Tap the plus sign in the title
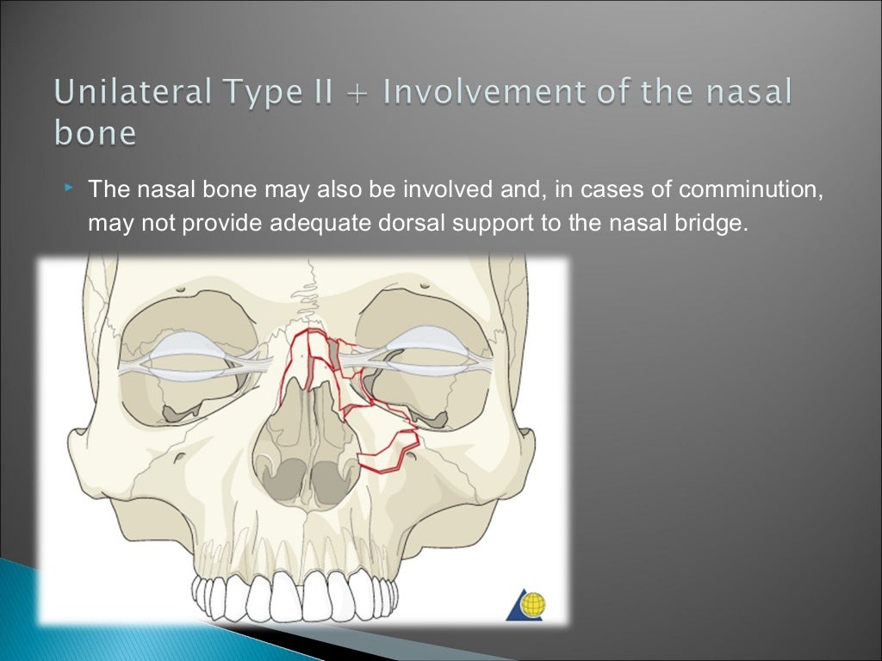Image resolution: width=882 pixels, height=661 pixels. click(360, 92)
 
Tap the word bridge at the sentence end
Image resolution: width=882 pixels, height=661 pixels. click(706, 223)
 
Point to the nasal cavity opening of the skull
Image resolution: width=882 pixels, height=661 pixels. click(306, 448)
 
